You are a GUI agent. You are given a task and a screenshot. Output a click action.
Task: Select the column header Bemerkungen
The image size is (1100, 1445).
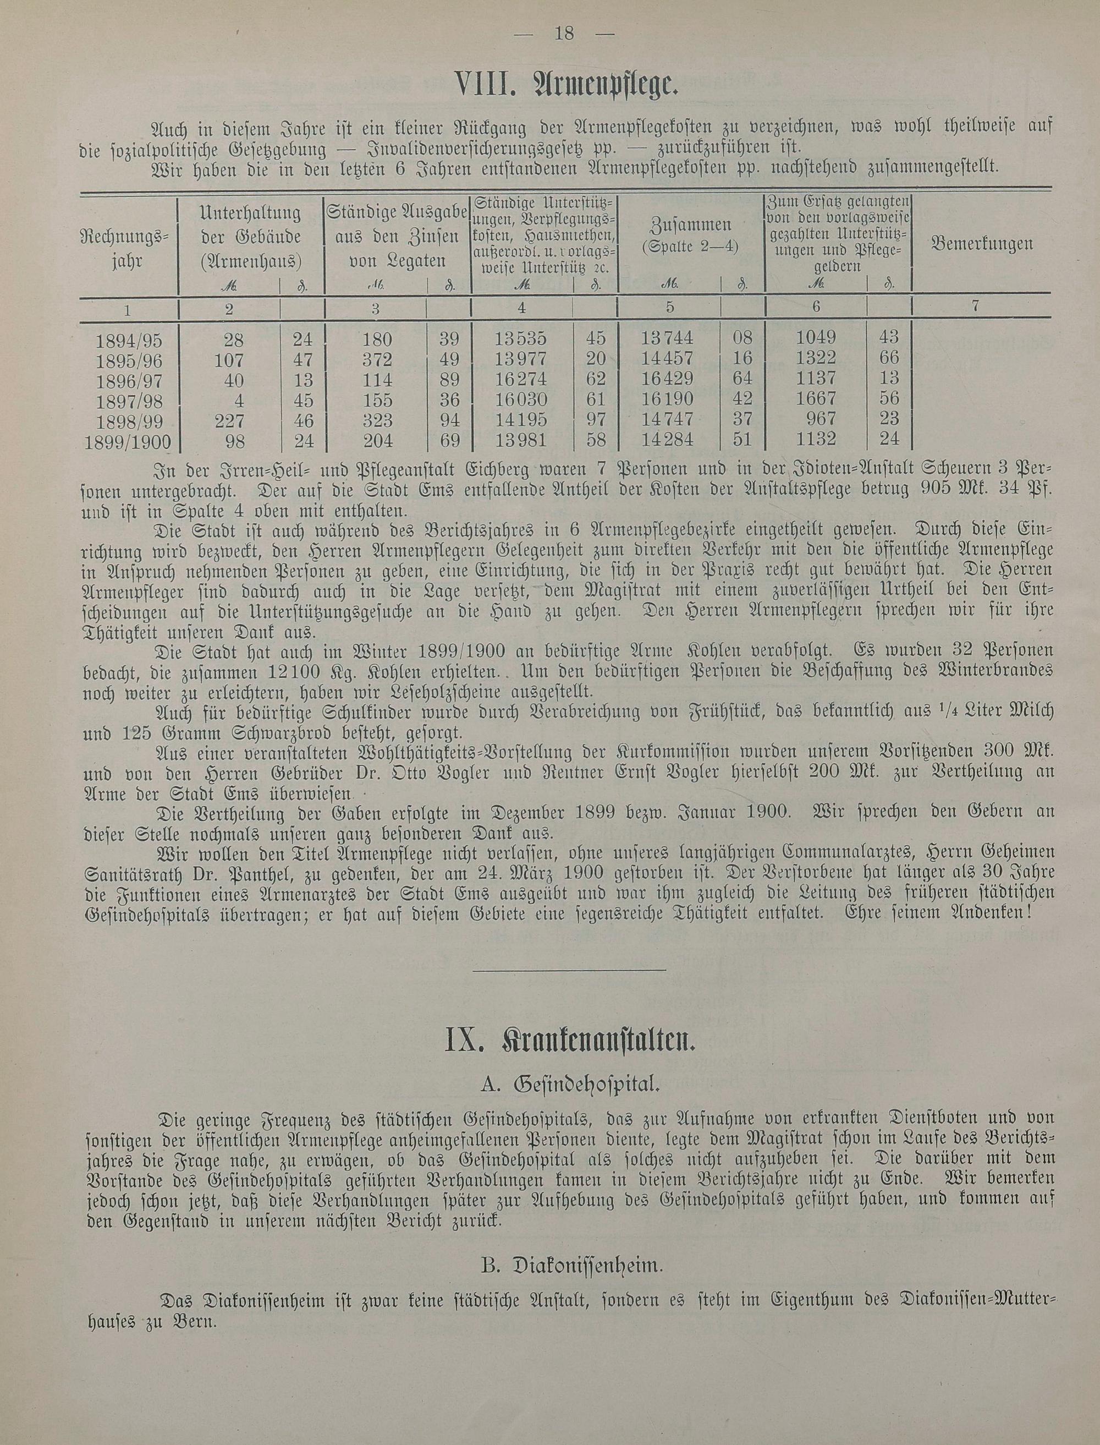click(982, 244)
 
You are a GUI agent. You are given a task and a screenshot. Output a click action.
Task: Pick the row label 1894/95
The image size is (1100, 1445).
click(128, 341)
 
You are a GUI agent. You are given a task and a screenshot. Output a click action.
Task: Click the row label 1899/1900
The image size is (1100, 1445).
click(128, 443)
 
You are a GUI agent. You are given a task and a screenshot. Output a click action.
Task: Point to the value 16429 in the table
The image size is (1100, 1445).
click(668, 379)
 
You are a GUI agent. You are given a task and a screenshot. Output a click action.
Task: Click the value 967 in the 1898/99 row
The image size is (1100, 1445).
click(822, 419)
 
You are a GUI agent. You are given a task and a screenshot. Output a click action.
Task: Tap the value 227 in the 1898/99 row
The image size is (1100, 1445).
click(228, 420)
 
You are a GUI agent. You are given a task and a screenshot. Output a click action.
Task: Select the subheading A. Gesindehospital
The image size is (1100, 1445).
click(569, 1085)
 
